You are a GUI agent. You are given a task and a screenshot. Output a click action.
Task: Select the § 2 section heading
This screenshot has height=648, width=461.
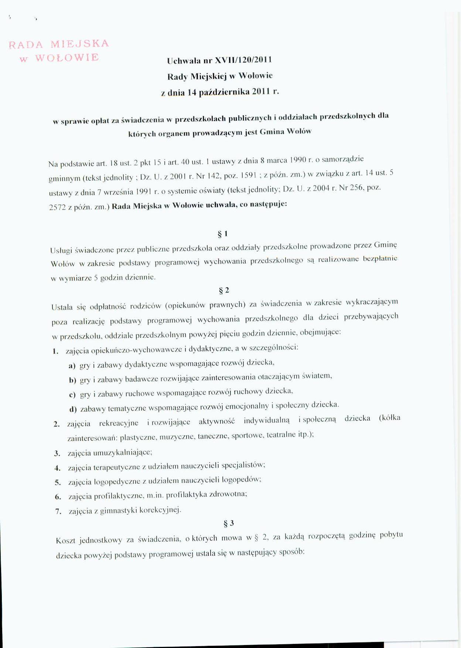[x=224, y=290]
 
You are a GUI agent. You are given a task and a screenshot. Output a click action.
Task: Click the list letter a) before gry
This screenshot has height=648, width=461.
[x=72, y=366]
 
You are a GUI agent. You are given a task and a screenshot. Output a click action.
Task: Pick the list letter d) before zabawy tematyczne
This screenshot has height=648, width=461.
[x=73, y=409]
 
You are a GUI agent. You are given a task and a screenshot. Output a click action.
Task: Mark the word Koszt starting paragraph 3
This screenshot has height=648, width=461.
[x=66, y=541]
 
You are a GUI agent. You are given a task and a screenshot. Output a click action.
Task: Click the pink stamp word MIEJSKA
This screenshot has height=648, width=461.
[x=79, y=44]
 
